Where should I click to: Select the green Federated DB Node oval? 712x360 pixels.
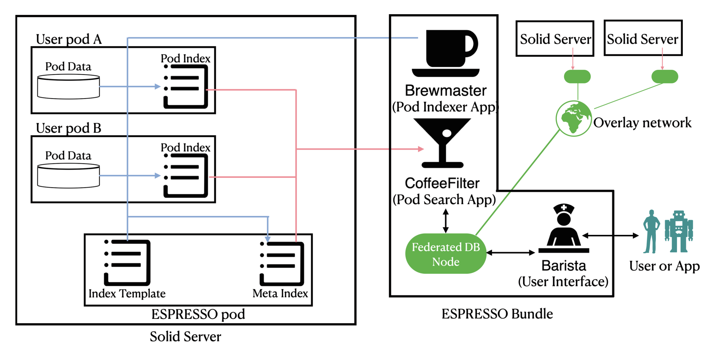(x=445, y=254)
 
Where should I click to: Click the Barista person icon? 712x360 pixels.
(x=563, y=228)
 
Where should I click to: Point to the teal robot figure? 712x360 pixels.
(x=679, y=231)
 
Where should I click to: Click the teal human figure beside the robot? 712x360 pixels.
(x=651, y=231)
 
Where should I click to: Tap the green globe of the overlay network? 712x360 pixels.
(x=574, y=119)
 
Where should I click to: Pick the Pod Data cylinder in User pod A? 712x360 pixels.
(x=68, y=87)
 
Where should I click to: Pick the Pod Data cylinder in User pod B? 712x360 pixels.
(x=68, y=176)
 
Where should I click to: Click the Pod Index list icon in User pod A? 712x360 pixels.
(x=185, y=86)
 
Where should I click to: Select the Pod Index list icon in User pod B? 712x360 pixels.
(x=185, y=175)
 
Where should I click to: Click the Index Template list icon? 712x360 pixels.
(x=127, y=263)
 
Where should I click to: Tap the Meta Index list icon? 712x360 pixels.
(x=282, y=263)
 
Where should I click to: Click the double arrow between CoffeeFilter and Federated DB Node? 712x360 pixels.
(x=445, y=221)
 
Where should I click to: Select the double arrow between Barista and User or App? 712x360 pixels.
(x=610, y=235)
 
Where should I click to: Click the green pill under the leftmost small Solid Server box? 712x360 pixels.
(x=577, y=76)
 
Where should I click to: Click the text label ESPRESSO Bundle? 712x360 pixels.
(x=497, y=314)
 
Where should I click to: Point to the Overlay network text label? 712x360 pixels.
(x=642, y=123)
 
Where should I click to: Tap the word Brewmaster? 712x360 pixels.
(x=445, y=91)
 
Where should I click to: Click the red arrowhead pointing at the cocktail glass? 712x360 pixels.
(x=421, y=149)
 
